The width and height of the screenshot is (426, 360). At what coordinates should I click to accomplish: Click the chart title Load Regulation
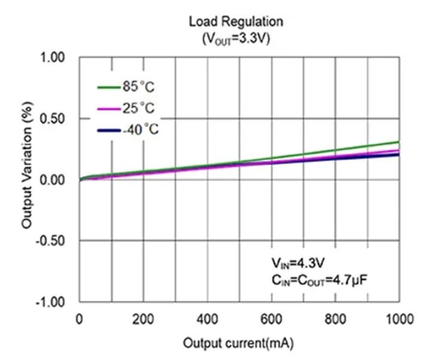(x=235, y=22)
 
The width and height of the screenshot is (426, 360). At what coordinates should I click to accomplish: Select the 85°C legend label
(x=138, y=87)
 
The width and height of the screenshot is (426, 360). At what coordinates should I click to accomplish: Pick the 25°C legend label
(x=138, y=108)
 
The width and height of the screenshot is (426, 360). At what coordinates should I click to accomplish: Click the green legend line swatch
(x=109, y=88)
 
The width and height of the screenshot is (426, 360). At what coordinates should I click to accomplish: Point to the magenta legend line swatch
(x=109, y=109)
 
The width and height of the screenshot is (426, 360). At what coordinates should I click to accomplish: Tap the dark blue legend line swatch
(x=109, y=130)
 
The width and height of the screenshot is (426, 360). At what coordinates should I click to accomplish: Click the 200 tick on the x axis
(x=144, y=319)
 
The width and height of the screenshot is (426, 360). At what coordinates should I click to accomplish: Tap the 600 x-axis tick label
(x=272, y=319)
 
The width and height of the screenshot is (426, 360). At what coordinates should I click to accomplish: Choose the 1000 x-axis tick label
(x=397, y=319)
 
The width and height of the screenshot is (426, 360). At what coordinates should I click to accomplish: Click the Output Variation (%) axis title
(x=27, y=179)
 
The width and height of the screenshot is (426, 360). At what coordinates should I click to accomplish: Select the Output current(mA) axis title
(x=238, y=344)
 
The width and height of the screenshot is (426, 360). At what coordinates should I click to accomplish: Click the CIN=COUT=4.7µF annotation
(x=318, y=279)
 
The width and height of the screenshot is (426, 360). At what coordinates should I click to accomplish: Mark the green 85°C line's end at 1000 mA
(x=398, y=142)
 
